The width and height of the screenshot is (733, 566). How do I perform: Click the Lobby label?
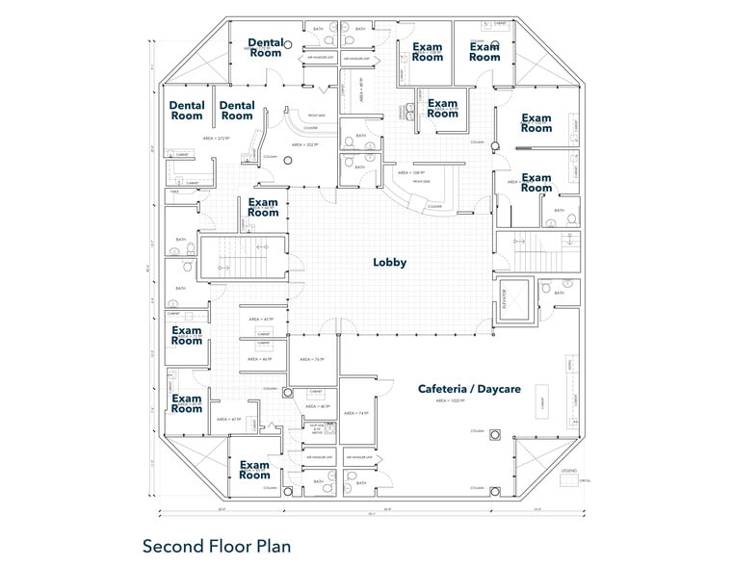coord(390,262)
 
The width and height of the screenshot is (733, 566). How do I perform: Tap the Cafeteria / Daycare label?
coord(469,389)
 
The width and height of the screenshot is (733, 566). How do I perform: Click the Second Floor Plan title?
coord(216,546)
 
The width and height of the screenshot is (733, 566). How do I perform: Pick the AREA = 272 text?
coord(214,140)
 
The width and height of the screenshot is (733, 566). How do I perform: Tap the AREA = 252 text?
coord(303,145)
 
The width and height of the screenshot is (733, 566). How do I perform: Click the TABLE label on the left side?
coord(174,192)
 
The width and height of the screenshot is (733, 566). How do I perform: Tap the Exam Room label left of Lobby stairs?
coord(263,207)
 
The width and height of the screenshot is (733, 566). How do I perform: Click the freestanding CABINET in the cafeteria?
coord(546,404)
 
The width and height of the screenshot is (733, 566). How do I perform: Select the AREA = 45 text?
coord(261,319)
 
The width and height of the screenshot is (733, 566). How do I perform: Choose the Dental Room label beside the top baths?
coord(266,47)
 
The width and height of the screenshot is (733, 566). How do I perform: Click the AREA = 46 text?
coord(261,360)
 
